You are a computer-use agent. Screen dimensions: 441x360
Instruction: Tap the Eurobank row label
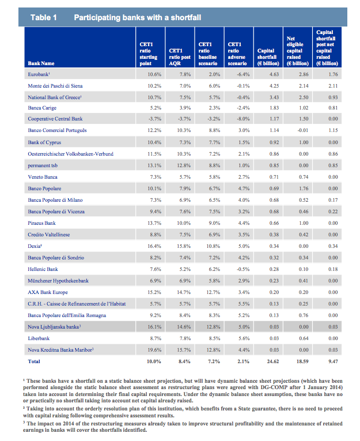click(39, 75)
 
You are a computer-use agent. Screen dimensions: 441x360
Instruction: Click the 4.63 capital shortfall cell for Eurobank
click(274, 75)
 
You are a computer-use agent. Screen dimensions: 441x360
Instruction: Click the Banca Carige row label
click(41, 108)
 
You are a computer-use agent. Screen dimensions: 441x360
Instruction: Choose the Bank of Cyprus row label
click(43, 142)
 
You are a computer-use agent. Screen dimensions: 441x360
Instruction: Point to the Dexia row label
click(35, 245)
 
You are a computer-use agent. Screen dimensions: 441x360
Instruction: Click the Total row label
click(34, 361)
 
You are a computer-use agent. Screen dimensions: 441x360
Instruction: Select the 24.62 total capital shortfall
click(272, 361)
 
